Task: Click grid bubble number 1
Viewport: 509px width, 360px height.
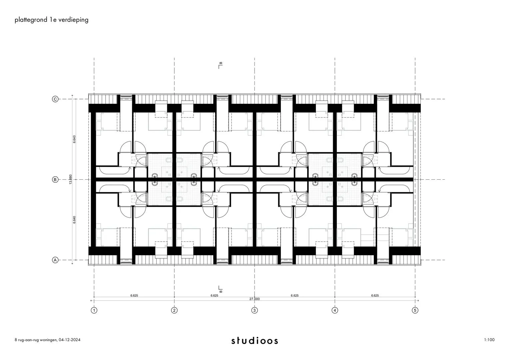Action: pos(94,310)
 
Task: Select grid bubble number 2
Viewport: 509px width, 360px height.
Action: pos(174,310)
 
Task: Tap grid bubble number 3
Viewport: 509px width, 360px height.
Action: pos(254,310)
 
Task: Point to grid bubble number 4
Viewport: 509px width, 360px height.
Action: pos(335,310)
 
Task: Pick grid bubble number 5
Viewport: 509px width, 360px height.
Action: pos(415,310)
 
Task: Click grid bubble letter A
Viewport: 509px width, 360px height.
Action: pos(55,260)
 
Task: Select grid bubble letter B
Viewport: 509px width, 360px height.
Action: pos(55,180)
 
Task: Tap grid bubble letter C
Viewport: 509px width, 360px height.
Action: pos(55,99)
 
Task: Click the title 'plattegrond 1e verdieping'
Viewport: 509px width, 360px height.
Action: pos(52,20)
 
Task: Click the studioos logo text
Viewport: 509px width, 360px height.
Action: pos(255,341)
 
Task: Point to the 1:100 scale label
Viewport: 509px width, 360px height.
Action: pos(489,340)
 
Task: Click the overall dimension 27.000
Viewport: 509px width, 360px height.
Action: pos(254,299)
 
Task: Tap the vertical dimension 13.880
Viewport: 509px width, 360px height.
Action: pos(70,179)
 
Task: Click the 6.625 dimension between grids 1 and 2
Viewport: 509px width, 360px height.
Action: pos(134,295)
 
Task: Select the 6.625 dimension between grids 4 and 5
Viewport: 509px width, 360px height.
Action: pos(375,295)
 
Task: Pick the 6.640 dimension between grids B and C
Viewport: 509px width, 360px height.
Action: pos(74,139)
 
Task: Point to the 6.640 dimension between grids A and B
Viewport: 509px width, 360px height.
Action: pos(74,220)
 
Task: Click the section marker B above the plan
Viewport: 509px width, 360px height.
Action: pos(220,65)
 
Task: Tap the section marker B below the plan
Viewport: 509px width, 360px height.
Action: pos(220,289)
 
